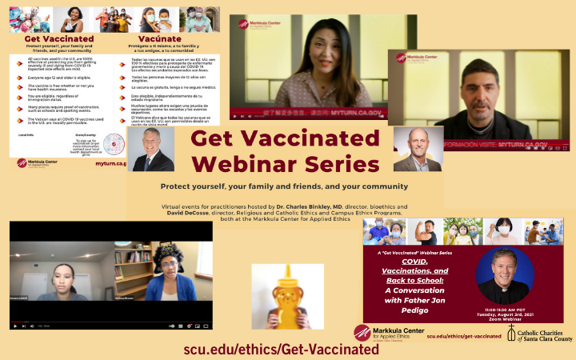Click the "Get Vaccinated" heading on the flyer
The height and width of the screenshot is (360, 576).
pyautogui.click(x=58, y=38)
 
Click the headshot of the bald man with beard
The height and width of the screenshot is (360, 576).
pyautogui.click(x=418, y=150)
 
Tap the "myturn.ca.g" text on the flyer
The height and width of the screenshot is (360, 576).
pyautogui.click(x=110, y=163)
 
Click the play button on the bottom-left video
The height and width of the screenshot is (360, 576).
pyautogui.click(x=15, y=326)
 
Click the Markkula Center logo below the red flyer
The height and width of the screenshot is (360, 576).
pyautogui.click(x=388, y=333)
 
